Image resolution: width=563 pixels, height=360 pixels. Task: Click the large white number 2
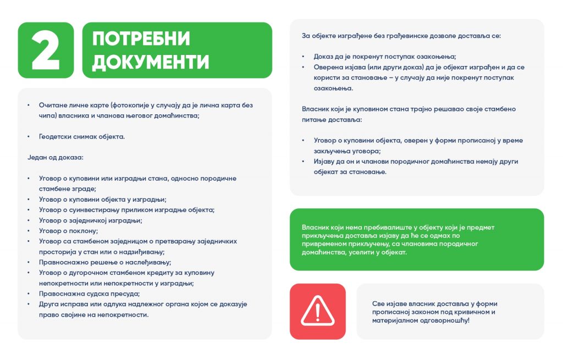[46, 50]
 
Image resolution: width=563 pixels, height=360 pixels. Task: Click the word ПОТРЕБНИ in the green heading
[141, 39]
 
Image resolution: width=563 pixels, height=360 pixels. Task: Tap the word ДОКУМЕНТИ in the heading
[150, 62]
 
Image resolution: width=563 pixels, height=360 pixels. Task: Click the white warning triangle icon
[317, 311]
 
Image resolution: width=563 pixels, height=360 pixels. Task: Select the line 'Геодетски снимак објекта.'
[81, 136]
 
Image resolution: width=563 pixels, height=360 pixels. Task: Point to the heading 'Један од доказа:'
[56, 157]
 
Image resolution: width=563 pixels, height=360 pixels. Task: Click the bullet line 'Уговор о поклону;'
[68, 231]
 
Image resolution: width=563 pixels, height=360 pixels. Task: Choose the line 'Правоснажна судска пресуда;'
[89, 293]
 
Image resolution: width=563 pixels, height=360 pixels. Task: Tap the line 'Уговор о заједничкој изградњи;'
[90, 220]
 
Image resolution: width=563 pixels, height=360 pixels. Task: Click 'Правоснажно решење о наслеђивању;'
[100, 262]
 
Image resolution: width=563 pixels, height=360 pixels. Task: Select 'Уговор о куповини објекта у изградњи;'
[102, 200]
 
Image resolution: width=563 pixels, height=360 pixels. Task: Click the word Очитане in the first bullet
[52, 105]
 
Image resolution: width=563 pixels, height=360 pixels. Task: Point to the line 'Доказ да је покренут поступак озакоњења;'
[385, 57]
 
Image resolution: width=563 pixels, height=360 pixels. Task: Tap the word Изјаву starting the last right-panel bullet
[324, 162]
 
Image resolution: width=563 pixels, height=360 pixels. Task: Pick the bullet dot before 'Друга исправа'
[29, 304]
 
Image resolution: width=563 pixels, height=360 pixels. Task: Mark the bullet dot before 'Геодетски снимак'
[29, 137]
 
